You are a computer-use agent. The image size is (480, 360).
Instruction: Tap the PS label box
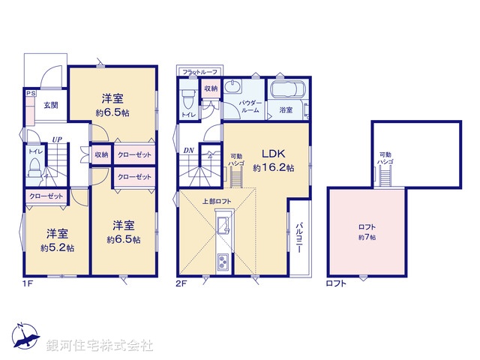coord(30,94)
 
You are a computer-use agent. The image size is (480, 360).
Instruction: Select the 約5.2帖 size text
coord(57,248)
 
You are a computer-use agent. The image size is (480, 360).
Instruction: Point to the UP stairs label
coord(57,139)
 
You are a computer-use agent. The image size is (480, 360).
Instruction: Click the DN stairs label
coord(188,151)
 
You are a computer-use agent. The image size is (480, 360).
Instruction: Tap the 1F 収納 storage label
coord(102,154)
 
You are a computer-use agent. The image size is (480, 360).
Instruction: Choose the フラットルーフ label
coord(199,72)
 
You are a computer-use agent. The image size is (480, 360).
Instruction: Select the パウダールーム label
coord(250,106)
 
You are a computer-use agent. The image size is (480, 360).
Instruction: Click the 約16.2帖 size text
coord(273,169)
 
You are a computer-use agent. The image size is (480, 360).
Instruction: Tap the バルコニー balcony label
coord(298,238)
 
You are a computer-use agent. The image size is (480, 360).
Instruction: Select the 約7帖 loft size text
coord(367,237)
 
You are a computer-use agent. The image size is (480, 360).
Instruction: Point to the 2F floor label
coord(182,283)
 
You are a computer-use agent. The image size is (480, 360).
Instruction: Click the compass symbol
coord(23,335)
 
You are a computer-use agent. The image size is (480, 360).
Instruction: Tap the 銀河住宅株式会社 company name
coord(100,345)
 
